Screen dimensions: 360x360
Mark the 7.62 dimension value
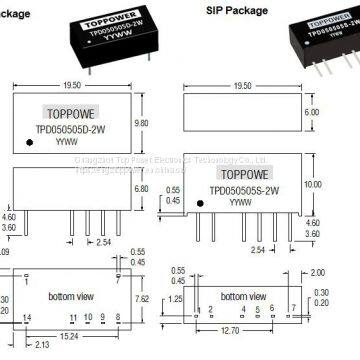coord(142,298)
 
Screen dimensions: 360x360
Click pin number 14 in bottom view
coord(28,317)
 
